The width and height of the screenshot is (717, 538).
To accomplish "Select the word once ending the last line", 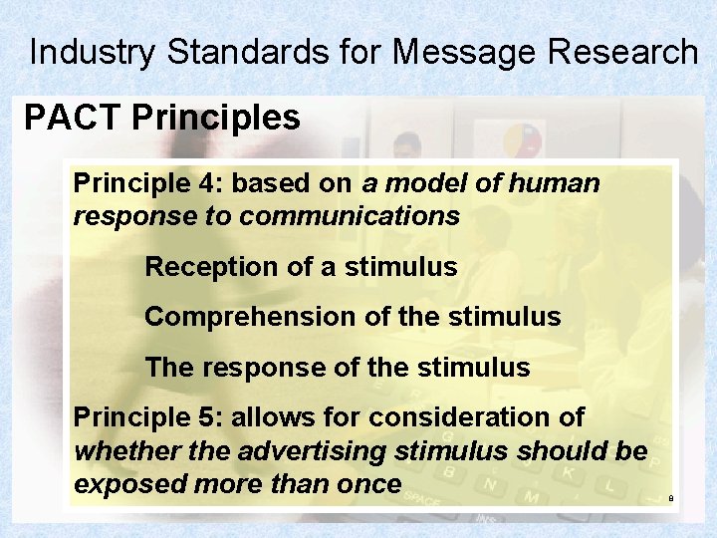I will (367, 484).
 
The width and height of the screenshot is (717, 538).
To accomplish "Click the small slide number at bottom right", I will (671, 498).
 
